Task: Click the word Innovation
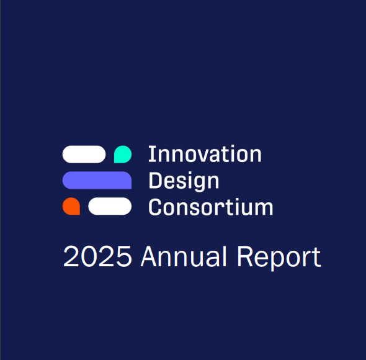click(205, 153)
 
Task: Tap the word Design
click(184, 181)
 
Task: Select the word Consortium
click(210, 207)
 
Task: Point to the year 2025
click(97, 256)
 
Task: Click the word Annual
click(184, 256)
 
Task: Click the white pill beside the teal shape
click(84, 154)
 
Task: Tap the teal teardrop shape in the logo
click(123, 154)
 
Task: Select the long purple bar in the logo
click(97, 180)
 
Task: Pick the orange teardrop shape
click(71, 206)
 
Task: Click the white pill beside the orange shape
click(110, 206)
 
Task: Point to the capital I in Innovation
click(152, 154)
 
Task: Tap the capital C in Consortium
click(154, 207)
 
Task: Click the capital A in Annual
click(148, 256)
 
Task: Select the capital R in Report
click(245, 256)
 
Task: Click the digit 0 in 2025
click(89, 256)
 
